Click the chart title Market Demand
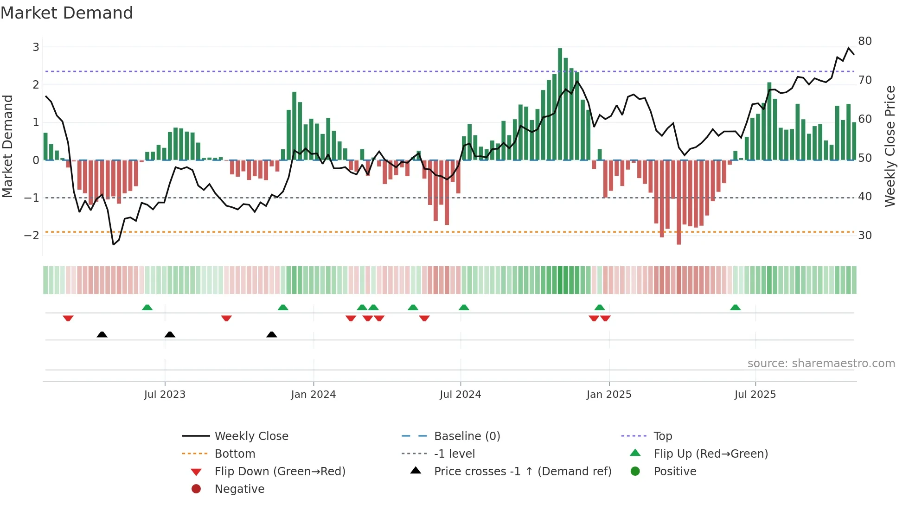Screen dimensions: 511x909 click(x=67, y=13)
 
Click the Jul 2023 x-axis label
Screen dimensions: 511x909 click(x=165, y=395)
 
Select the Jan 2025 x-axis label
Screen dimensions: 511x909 click(x=608, y=395)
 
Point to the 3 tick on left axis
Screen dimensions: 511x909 click(x=36, y=47)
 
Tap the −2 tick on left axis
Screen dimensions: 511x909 click(x=32, y=235)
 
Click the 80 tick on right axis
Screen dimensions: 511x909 click(x=864, y=41)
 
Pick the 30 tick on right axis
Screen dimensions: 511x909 click(x=864, y=236)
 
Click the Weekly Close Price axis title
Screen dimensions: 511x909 click(x=890, y=146)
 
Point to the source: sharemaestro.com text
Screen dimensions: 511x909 click(x=821, y=364)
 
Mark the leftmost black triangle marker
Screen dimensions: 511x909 click(x=102, y=334)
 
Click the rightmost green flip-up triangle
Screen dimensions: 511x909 click(x=735, y=307)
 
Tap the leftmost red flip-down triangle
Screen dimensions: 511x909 click(x=68, y=318)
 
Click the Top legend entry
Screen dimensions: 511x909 click(x=662, y=436)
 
